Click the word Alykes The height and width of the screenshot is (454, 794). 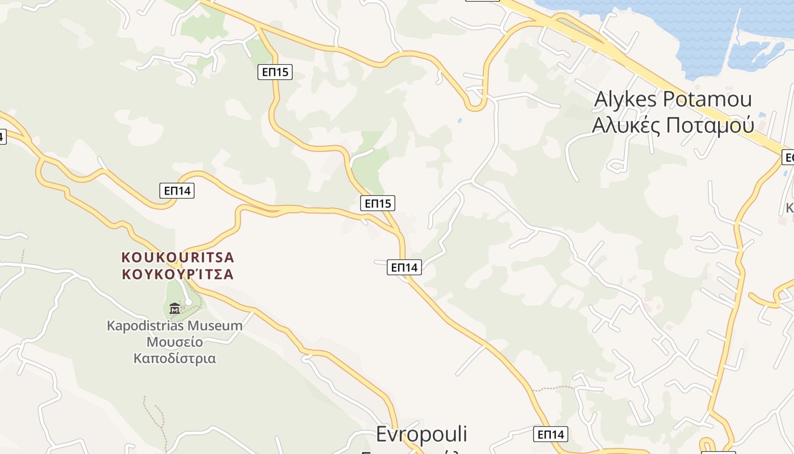[x=626, y=99]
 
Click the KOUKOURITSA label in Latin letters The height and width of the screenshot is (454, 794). [x=178, y=257]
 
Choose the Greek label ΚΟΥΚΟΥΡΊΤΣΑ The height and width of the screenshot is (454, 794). [x=178, y=274]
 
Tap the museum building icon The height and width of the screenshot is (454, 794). [x=175, y=308]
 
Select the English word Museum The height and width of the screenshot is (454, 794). [x=215, y=326]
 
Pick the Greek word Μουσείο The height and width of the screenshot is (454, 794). [x=175, y=342]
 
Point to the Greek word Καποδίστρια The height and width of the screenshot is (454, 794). [x=175, y=359]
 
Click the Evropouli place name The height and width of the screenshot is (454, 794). [x=421, y=434]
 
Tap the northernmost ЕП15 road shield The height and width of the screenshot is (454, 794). [x=275, y=72]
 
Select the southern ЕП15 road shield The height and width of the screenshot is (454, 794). [x=378, y=203]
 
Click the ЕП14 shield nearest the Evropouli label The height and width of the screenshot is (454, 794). [x=551, y=434]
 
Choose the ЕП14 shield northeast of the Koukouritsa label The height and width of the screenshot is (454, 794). [x=177, y=191]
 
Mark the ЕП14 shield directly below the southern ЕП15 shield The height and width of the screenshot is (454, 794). [x=404, y=267]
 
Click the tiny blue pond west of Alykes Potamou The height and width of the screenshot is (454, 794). [x=459, y=120]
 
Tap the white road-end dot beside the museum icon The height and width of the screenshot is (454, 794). [x=188, y=302]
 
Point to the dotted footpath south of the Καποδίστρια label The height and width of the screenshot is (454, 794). [x=153, y=414]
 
